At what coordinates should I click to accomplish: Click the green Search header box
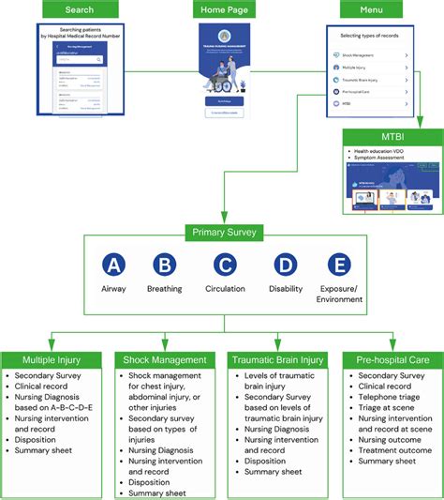pos(80,9)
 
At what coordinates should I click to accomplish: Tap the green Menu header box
pos(370,9)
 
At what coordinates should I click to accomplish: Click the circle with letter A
pos(113,265)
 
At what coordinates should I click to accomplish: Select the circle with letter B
pos(165,265)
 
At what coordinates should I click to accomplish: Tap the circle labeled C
pos(225,265)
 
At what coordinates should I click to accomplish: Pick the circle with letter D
pos(285,265)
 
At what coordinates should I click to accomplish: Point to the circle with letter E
pos(338,265)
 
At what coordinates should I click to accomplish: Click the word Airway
pos(113,289)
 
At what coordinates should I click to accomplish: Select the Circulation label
pos(225,289)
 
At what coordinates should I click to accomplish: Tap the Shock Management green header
pos(167,359)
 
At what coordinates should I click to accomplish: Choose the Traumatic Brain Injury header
pos(278,359)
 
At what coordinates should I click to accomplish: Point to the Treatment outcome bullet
pos(392,449)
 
